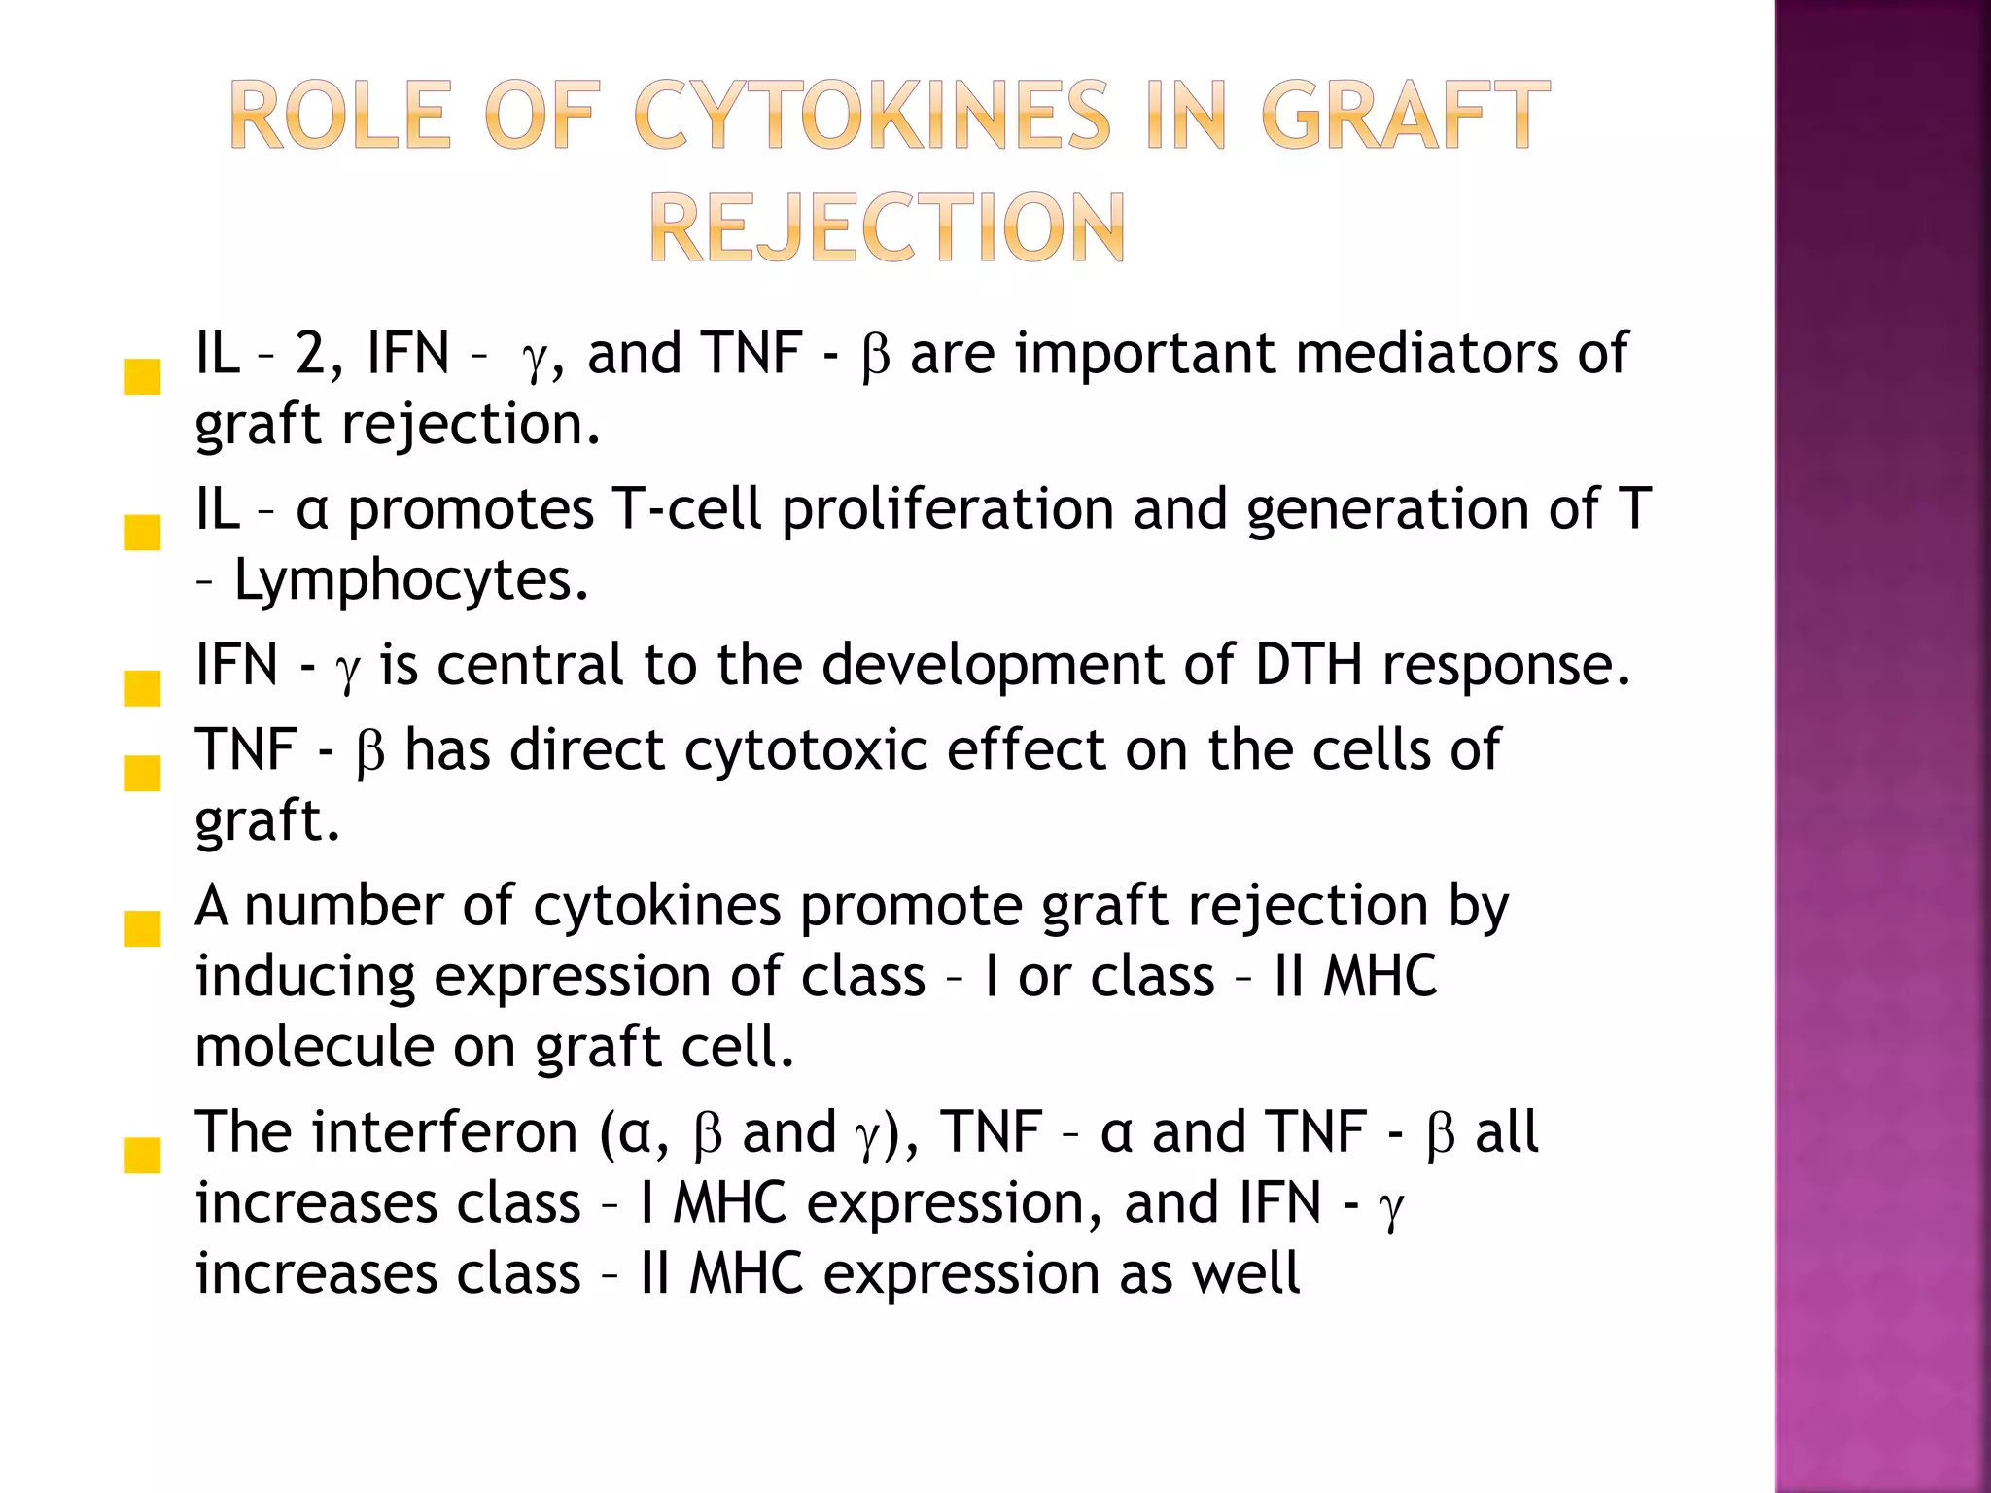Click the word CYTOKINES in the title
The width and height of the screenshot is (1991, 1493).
click(872, 116)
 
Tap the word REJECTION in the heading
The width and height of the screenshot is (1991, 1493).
click(887, 228)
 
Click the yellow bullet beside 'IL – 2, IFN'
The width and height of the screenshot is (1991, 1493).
click(143, 377)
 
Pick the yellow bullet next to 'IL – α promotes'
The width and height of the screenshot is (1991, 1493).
click(143, 533)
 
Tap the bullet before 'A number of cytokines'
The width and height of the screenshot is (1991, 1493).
click(143, 929)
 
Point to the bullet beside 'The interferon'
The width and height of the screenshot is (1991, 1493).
click(143, 1156)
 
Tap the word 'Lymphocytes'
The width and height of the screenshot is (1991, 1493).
click(411, 581)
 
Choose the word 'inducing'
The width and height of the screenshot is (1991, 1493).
click(305, 978)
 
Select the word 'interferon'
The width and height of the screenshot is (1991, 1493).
click(444, 1133)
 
